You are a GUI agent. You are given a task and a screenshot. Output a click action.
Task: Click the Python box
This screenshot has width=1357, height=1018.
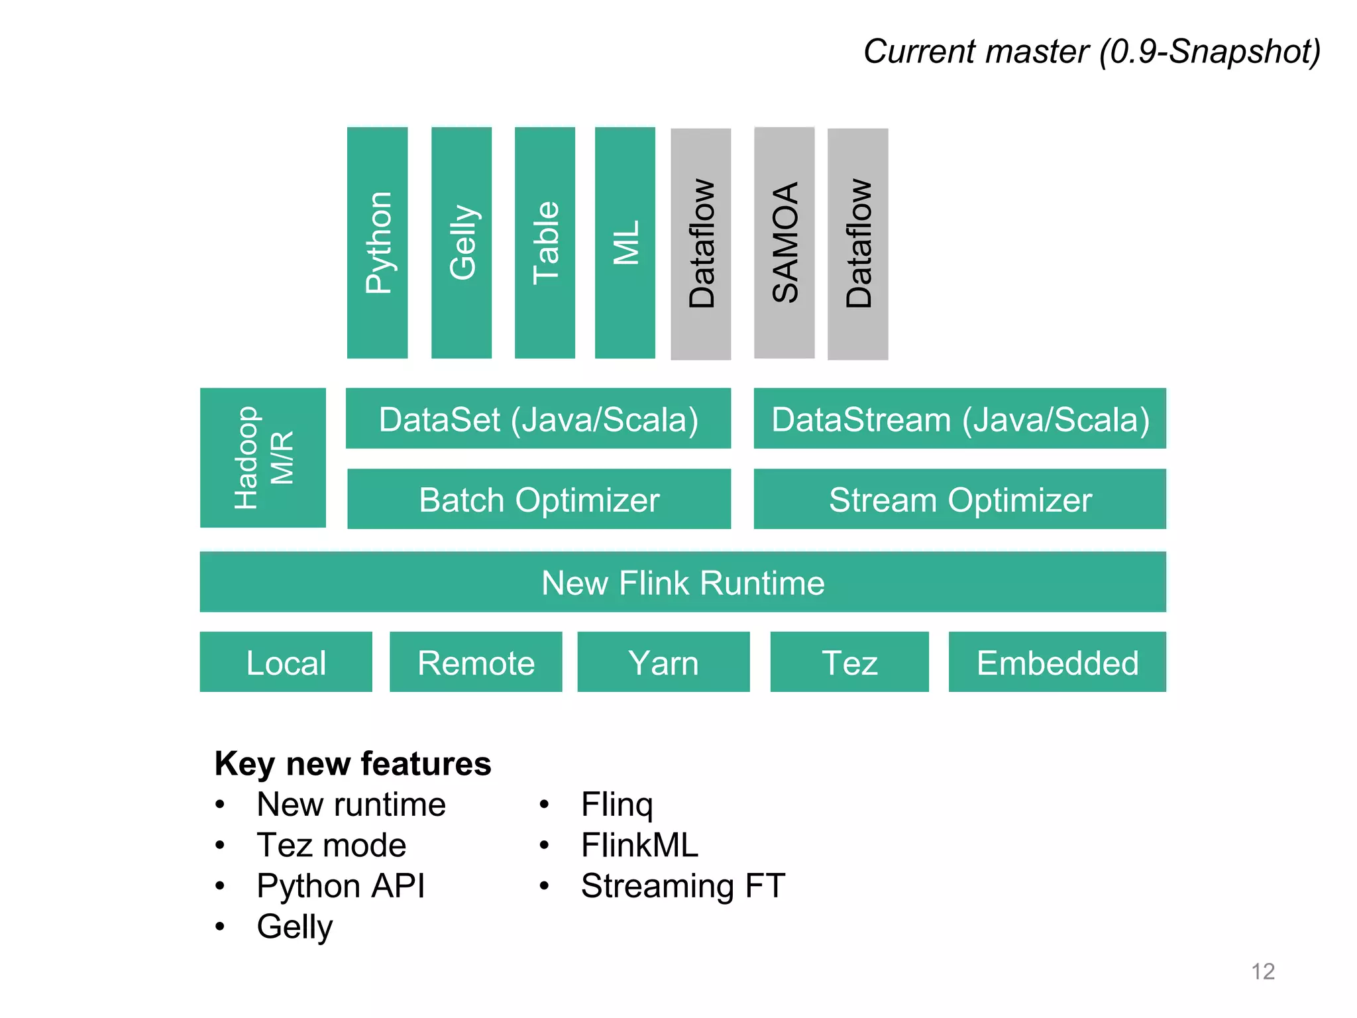(377, 243)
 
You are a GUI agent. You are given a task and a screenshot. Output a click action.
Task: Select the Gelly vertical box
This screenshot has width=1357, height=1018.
(461, 243)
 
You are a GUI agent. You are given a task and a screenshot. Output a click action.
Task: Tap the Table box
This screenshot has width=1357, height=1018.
(545, 243)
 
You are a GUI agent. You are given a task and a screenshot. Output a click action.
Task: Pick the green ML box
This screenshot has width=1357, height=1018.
(625, 243)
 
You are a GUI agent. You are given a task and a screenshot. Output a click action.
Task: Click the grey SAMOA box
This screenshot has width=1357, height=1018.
(784, 243)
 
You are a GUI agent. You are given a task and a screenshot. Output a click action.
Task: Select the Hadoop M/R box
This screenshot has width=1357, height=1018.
(263, 457)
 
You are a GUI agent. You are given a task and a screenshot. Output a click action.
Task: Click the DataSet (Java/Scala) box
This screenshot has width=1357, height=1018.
(538, 419)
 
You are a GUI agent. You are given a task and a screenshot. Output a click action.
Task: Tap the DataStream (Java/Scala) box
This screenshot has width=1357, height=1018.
(959, 419)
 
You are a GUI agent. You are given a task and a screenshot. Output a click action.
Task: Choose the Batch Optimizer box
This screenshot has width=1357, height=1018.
(539, 499)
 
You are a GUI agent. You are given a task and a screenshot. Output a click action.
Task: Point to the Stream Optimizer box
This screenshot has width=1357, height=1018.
(959, 499)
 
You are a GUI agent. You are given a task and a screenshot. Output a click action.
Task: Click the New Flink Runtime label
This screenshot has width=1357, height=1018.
(682, 583)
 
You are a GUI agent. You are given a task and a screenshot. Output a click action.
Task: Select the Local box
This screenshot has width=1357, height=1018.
(286, 662)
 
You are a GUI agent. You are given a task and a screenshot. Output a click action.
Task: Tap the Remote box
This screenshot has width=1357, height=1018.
(476, 662)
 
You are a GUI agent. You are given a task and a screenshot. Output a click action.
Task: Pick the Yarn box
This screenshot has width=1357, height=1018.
(663, 662)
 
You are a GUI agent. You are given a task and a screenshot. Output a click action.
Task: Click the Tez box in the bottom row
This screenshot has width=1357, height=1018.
(849, 662)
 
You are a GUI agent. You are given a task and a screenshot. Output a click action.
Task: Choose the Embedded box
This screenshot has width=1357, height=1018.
(1057, 662)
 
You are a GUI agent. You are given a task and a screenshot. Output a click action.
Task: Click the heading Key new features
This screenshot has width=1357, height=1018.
(353, 763)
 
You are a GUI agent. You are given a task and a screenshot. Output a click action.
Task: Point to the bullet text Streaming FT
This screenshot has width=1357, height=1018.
(682, 885)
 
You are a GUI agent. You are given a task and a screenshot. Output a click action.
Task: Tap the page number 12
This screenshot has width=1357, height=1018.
(1262, 971)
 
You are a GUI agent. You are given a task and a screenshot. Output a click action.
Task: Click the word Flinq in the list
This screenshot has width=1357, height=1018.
(616, 805)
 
